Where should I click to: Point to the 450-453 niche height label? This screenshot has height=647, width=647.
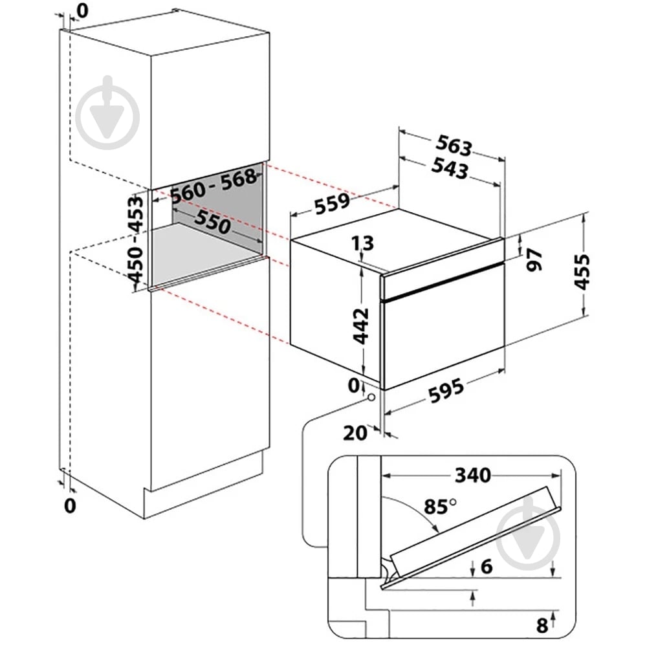coord(137,239)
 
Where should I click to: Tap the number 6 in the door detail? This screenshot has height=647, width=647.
coord(487,567)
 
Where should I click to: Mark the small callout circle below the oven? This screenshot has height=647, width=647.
coord(370,399)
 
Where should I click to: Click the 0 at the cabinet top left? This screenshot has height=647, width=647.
coord(82,10)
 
